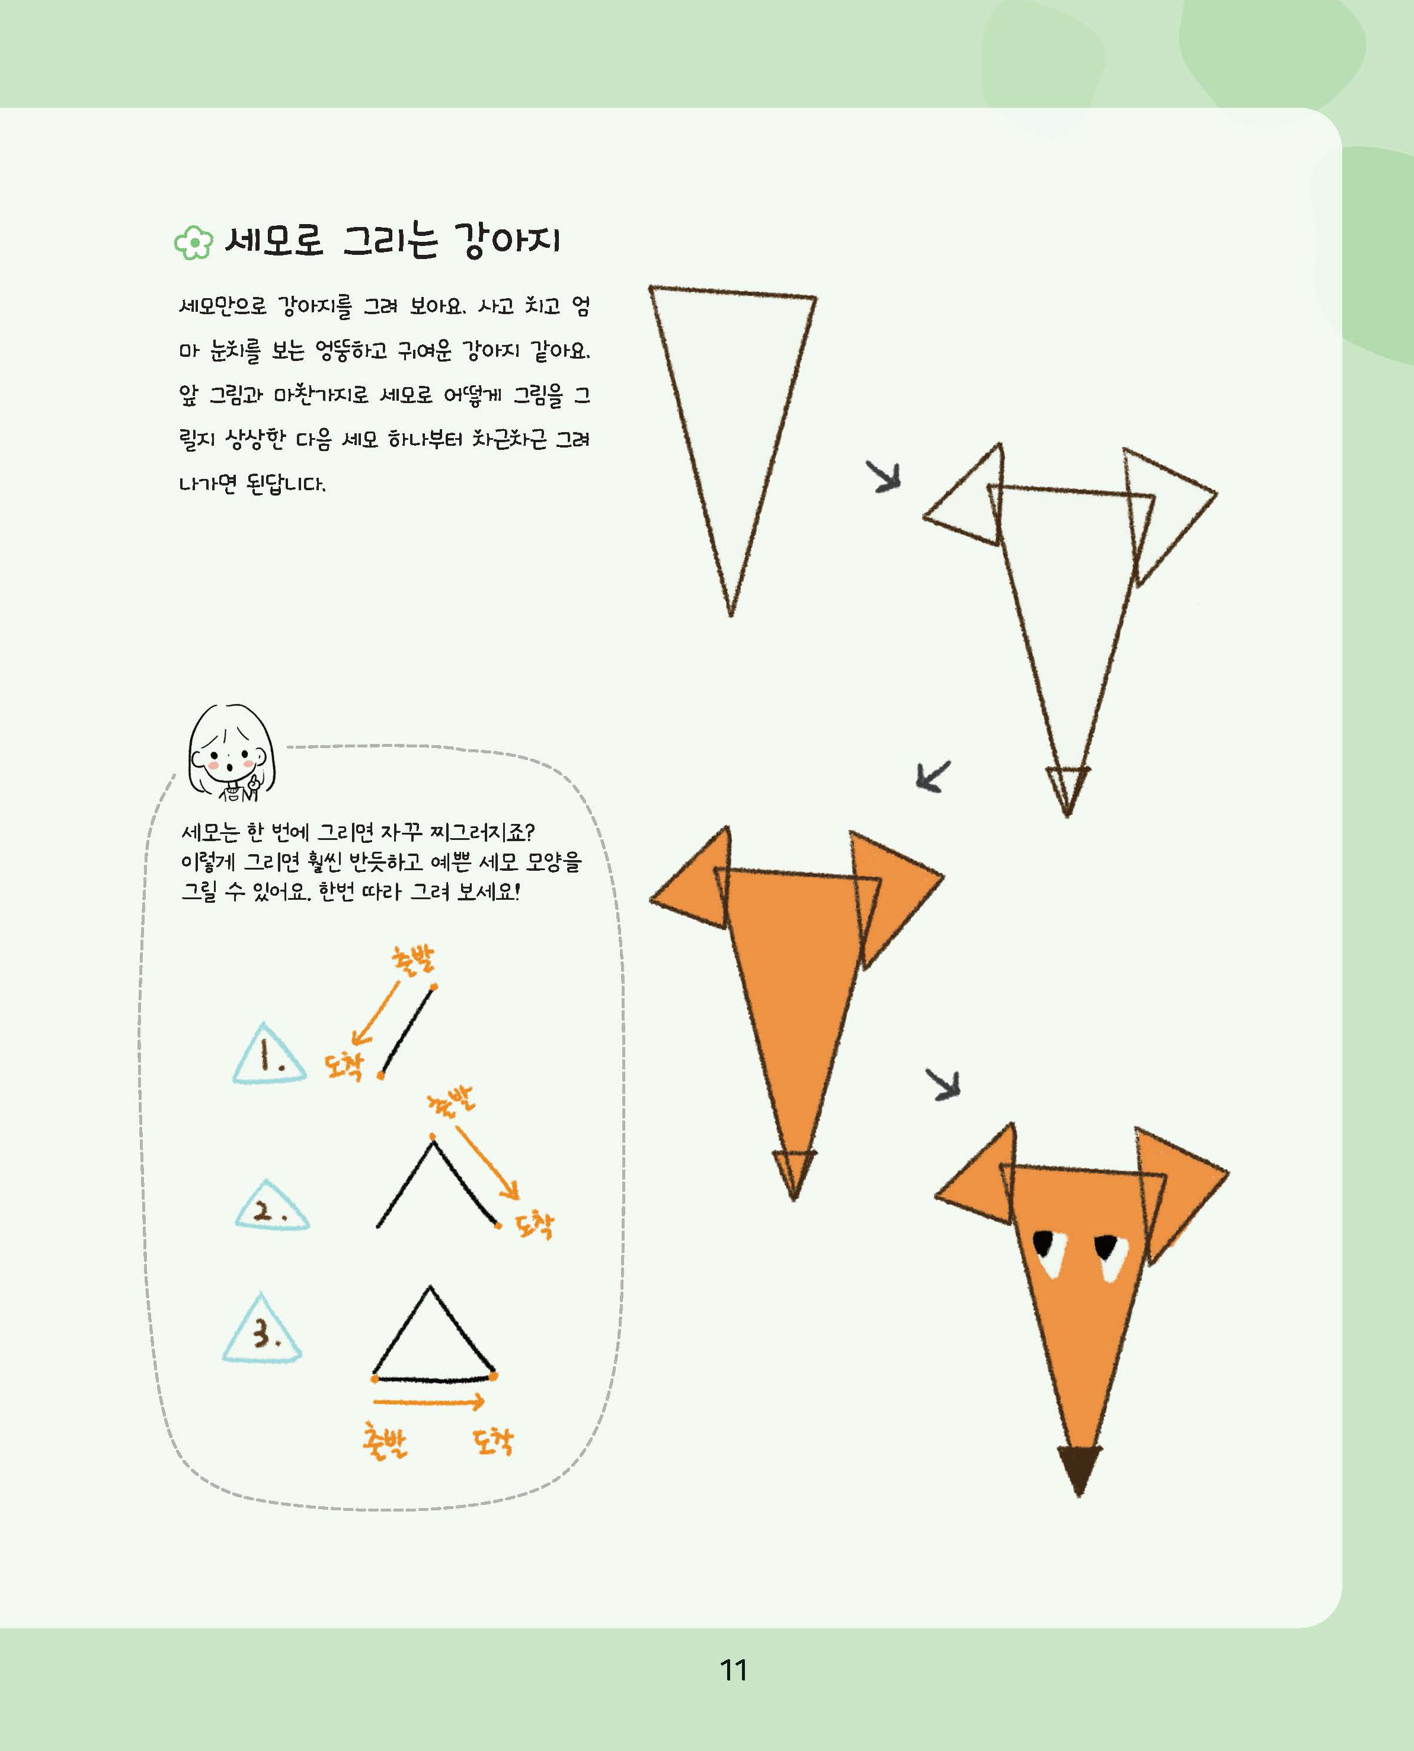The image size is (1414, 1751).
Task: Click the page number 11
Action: tap(734, 1670)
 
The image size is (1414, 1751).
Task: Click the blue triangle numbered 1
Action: tap(269, 1055)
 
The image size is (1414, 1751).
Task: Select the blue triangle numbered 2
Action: tap(272, 1205)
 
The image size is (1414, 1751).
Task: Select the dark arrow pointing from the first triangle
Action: tap(884, 476)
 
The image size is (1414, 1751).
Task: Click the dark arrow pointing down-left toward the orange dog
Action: tap(933, 776)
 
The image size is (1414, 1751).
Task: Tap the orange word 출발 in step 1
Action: tap(414, 960)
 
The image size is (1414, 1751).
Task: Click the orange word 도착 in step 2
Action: tap(535, 1224)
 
